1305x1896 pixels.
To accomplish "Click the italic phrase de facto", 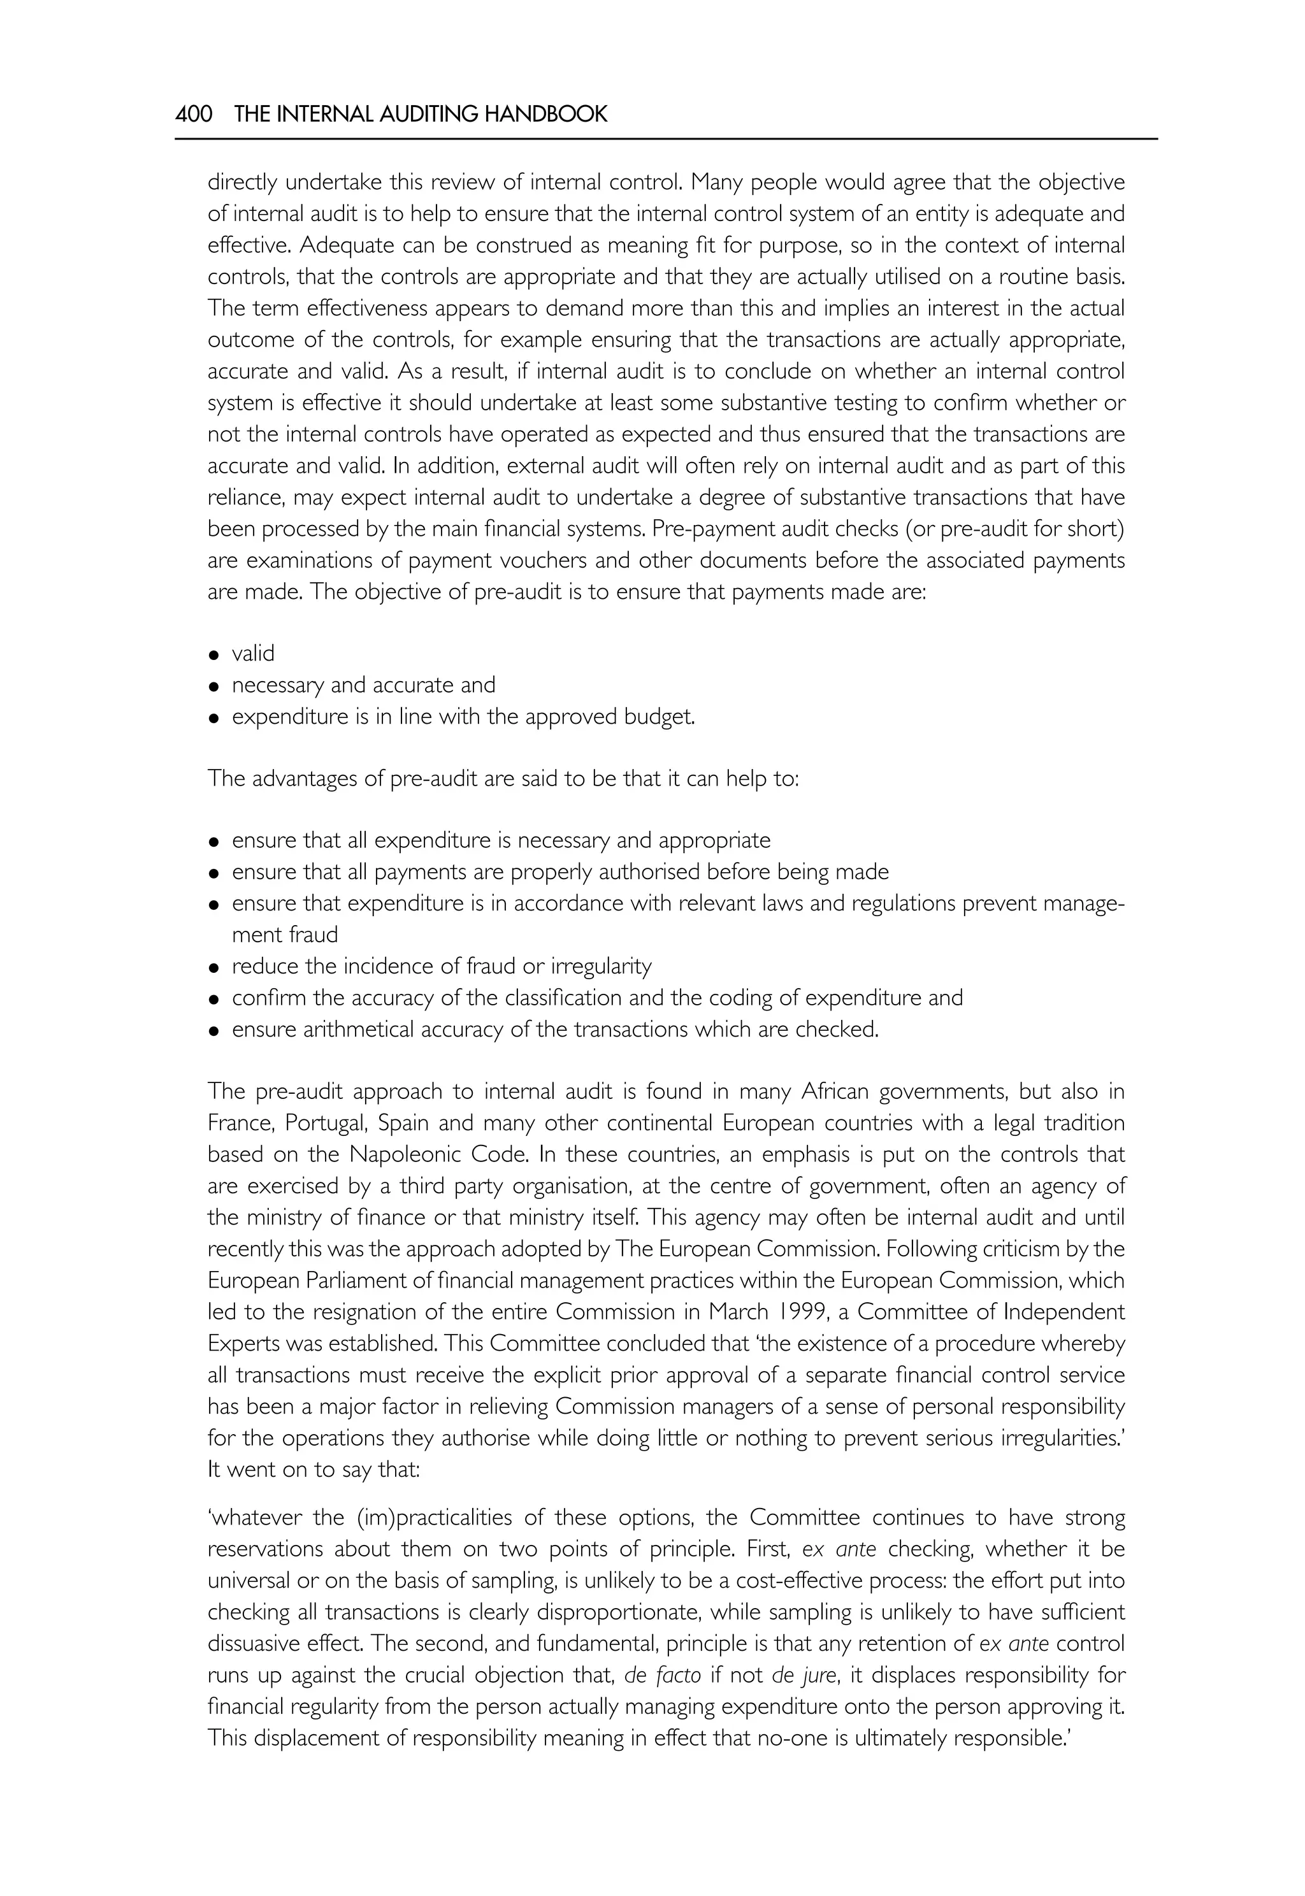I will point(662,1676).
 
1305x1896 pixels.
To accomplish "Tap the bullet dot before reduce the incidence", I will point(214,968).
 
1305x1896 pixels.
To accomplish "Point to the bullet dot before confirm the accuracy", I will point(214,999).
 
